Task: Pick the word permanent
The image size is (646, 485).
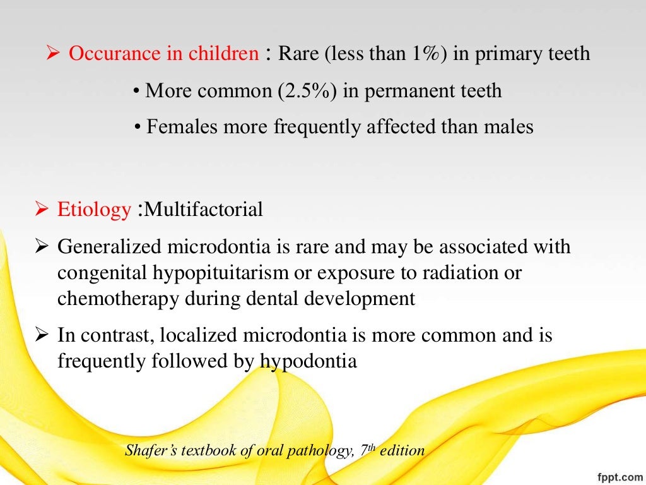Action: tap(404, 91)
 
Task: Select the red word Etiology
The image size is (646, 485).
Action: tap(94, 210)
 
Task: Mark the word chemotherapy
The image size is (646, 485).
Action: tap(117, 299)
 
